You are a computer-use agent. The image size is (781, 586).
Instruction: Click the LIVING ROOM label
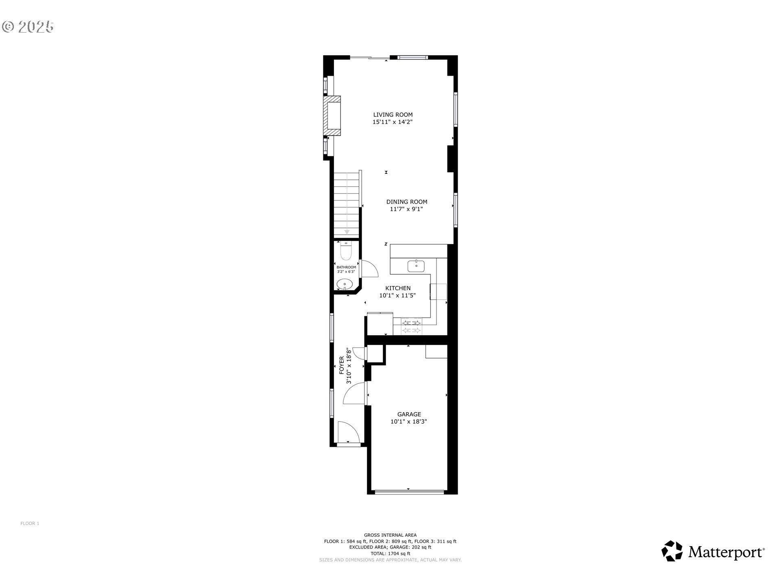coord(393,115)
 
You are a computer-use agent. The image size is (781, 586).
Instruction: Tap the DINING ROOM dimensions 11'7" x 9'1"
coord(406,209)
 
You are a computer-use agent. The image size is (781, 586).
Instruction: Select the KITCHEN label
coord(398,288)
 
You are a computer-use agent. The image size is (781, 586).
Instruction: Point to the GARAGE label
coord(409,414)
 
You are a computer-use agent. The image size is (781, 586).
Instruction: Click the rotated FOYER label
coord(342,365)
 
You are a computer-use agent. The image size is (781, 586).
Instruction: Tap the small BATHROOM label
coord(346,267)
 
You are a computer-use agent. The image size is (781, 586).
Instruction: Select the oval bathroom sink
coord(345,284)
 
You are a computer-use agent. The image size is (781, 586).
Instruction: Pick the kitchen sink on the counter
coord(416,266)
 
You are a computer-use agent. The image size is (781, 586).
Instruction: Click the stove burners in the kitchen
coord(412,327)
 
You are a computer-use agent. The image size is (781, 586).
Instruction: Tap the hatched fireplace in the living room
coord(332,116)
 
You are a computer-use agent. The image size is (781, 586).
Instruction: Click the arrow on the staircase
coord(347,232)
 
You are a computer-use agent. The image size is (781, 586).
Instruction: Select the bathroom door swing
coord(370,269)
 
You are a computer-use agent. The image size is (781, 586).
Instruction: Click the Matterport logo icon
coord(672,551)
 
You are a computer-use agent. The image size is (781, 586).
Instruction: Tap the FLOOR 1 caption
coord(30,523)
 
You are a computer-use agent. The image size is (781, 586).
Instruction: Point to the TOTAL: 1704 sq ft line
coord(390,553)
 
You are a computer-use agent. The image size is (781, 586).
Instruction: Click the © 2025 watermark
coord(28,27)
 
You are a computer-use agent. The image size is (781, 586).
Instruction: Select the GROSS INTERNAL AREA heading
coord(390,535)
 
